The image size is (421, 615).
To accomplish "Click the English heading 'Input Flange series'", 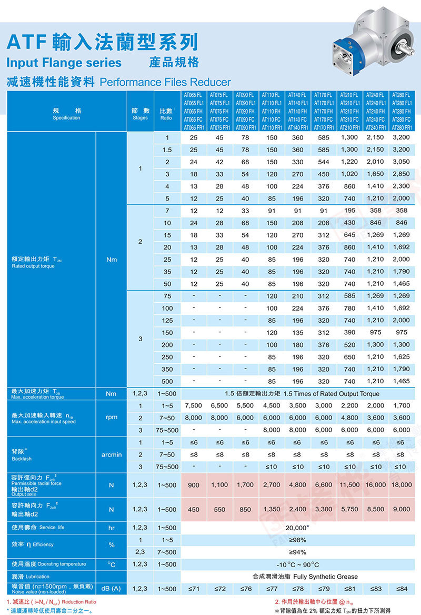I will click(64, 63).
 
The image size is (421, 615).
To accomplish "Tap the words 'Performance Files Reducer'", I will click(165, 82).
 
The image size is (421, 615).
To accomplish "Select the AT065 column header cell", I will click(193, 111).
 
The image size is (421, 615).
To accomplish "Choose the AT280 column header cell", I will click(402, 111).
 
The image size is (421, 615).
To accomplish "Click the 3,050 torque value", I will click(402, 162).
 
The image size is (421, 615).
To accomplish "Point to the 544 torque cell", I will click(324, 162).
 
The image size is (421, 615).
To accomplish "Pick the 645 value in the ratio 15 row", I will click(349, 235).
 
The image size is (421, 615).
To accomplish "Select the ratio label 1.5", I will click(167, 150).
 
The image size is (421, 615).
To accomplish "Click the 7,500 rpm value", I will click(194, 405).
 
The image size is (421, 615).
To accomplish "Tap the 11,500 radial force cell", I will click(349, 485).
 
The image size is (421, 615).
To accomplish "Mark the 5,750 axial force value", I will click(349, 509).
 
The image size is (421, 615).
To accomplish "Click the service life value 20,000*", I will click(297, 528).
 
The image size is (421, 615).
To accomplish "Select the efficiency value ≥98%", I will click(297, 540).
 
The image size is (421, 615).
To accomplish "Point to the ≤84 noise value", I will click(402, 588).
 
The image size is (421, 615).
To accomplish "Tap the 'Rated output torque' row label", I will click(33, 266).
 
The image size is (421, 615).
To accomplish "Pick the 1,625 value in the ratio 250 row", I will click(402, 357).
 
